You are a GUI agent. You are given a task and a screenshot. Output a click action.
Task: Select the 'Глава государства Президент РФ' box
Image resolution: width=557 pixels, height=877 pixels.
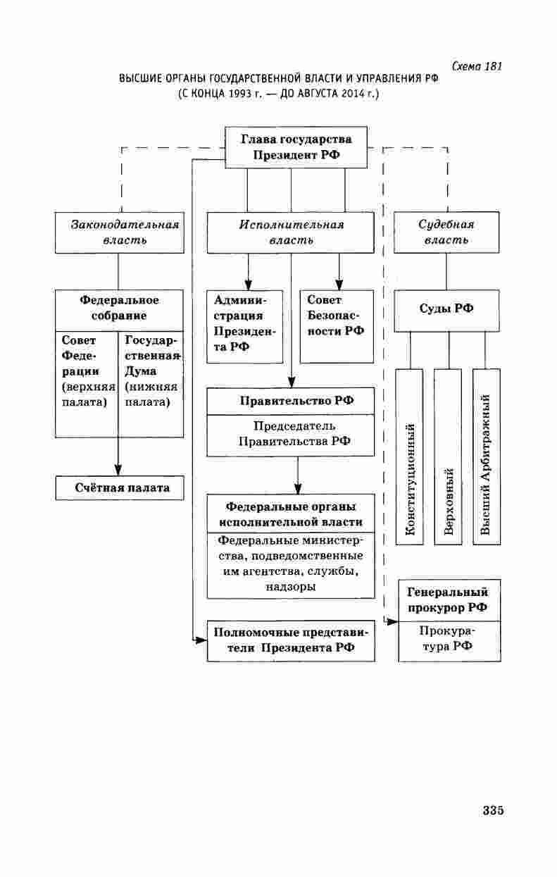[296, 147]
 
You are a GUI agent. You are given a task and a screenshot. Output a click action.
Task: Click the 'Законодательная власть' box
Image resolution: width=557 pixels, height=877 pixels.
[118, 232]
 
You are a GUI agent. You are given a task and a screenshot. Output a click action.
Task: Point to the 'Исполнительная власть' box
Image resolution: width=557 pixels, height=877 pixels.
[291, 232]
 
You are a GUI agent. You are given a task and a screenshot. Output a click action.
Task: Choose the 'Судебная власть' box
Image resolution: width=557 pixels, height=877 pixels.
[446, 232]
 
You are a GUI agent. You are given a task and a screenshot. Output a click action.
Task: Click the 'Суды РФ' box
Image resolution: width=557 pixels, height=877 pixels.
[446, 311]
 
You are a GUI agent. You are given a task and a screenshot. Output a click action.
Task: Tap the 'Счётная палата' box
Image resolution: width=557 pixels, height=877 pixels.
[120, 487]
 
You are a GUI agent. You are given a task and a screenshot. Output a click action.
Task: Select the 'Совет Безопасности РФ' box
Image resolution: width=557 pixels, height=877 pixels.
[336, 325]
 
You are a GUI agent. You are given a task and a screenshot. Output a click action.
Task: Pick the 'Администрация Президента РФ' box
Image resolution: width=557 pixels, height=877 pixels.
[244, 325]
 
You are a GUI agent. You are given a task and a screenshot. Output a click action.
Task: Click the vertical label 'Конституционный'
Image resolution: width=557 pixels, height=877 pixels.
[410, 478]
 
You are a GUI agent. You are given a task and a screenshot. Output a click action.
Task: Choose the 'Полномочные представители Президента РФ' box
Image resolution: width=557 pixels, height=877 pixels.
[291, 640]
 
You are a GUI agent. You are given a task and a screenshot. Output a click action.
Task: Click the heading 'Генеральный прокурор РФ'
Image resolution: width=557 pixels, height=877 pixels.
[449, 599]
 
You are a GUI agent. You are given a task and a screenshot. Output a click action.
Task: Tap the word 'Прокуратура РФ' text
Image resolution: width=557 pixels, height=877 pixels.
[449, 640]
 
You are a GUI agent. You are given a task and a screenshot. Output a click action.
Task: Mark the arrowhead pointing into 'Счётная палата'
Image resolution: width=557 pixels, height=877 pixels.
[118, 470]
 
